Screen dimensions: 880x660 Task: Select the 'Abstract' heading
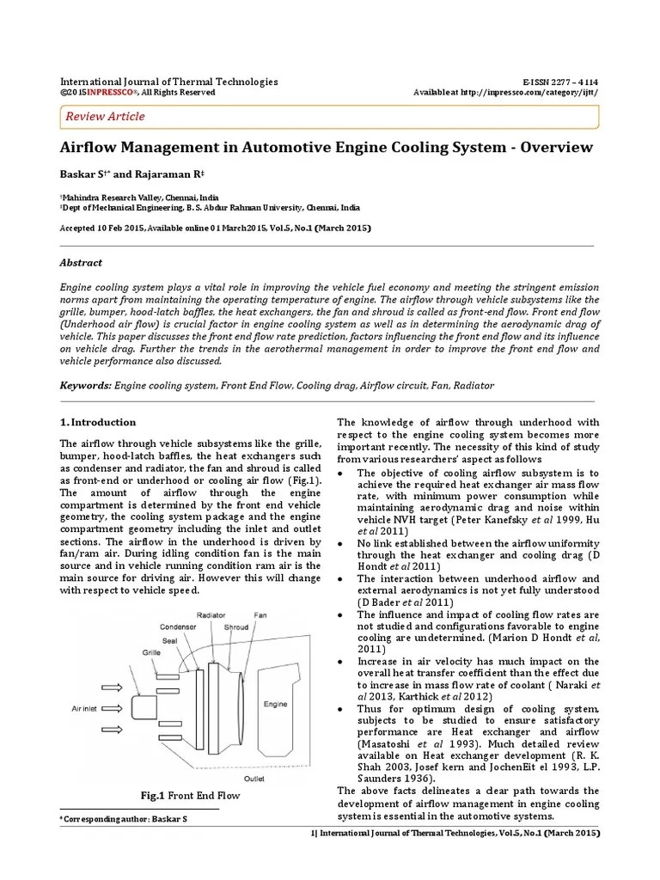(81, 263)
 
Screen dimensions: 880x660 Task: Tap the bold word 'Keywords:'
(86, 386)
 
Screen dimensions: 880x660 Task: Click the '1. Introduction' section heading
(98, 422)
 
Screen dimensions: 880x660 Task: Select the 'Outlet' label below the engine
(254, 778)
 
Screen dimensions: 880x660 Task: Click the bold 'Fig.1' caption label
(152, 795)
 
